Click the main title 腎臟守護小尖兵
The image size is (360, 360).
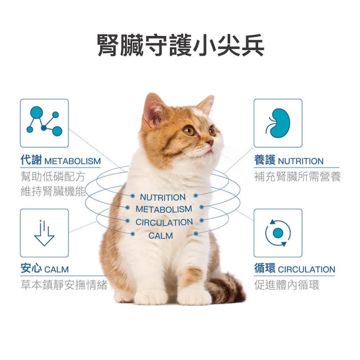(180, 45)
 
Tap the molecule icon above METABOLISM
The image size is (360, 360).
(44, 121)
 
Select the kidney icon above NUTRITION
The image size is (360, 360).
(278, 123)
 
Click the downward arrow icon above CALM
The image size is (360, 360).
(44, 233)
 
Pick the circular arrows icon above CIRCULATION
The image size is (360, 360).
(278, 233)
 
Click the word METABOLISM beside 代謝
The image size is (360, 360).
(72, 161)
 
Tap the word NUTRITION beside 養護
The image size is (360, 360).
(300, 161)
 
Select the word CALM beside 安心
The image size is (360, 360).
(56, 269)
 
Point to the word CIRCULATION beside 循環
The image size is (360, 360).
(306, 269)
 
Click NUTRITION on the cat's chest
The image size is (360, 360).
(162, 197)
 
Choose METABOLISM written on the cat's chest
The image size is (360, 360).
(163, 209)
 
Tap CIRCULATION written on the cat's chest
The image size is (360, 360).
(164, 222)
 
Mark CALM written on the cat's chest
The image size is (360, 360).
(160, 235)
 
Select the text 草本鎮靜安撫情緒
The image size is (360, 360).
(64, 285)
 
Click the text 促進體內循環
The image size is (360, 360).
(286, 285)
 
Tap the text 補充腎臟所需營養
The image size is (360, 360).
(297, 176)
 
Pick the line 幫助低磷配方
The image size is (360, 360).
(53, 176)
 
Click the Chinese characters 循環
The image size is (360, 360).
(264, 268)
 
